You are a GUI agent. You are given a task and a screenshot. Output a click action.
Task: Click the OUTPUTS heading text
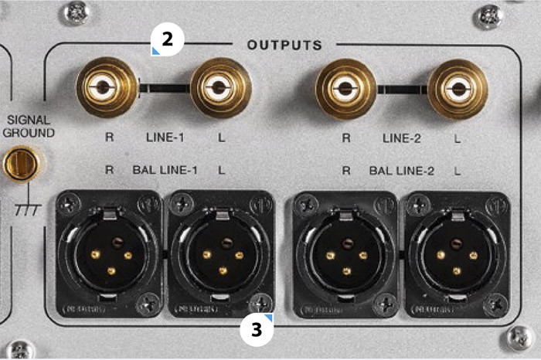tap(284, 45)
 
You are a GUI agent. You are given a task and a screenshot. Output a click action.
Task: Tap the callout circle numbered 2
tap(167, 39)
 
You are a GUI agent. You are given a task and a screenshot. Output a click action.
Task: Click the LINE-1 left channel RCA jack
tap(220, 88)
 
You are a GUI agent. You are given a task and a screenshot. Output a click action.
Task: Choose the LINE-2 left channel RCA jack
tap(458, 88)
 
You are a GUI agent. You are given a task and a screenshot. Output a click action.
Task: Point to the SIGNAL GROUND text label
tap(29, 126)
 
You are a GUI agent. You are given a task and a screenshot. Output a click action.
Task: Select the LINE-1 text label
tap(165, 139)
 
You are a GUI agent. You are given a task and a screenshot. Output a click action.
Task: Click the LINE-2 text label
tap(402, 139)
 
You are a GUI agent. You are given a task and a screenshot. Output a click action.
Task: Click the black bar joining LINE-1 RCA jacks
tap(164, 88)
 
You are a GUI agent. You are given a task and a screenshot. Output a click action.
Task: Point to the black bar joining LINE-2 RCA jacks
tap(401, 88)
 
